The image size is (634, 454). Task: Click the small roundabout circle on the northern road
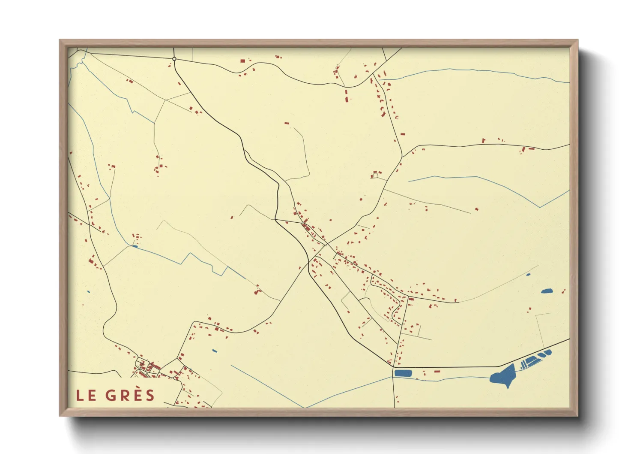point(174,59)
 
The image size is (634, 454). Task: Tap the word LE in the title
point(86,396)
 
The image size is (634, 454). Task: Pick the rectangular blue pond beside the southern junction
point(403,373)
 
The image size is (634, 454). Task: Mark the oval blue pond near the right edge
point(547,291)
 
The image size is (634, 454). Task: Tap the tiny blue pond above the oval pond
point(528,274)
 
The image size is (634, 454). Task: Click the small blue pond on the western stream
point(135,246)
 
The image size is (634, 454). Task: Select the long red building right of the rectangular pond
point(437,371)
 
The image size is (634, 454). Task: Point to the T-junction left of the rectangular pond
point(393,368)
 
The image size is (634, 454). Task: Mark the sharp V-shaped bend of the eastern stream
point(540,207)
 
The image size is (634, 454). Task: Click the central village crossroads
point(326,245)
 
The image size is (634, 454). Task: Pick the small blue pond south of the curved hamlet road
point(215,351)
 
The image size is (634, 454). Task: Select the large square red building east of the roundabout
point(242,61)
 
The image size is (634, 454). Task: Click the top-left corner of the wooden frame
point(60,40)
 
